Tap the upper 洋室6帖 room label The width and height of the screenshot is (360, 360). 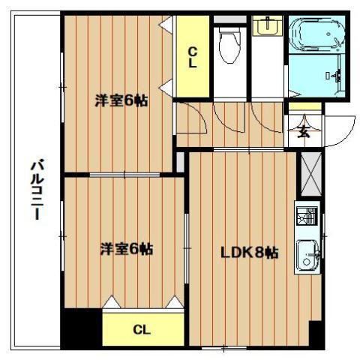120,100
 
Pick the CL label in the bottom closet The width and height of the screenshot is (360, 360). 142,328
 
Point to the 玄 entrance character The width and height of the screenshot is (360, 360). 304,132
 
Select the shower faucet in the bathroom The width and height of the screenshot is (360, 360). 337,76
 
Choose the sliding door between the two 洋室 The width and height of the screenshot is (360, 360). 120,175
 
